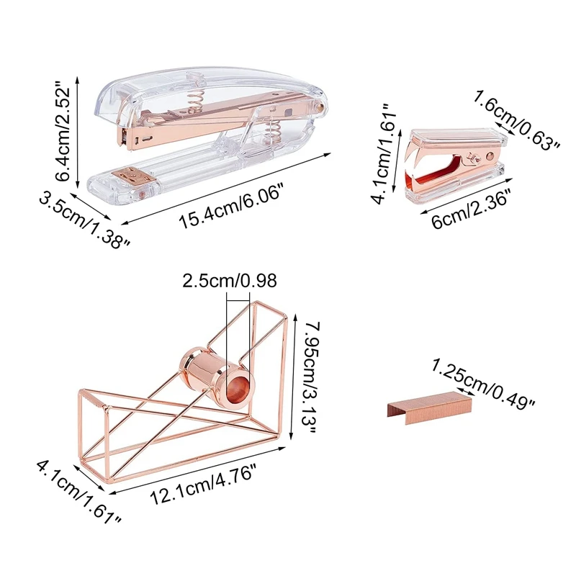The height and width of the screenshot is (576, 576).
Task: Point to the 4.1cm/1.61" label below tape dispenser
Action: point(77,492)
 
